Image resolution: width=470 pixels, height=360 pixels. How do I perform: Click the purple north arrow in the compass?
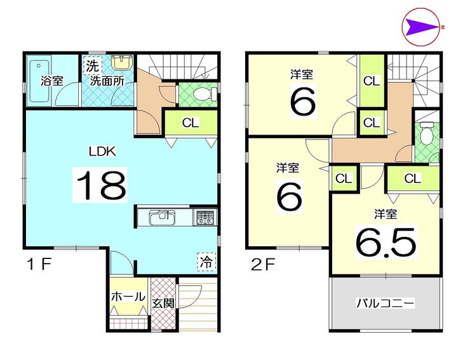[420, 28]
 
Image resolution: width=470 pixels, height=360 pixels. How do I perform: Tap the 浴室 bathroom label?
[52, 81]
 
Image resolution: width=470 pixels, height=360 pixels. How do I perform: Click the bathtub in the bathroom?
[39, 81]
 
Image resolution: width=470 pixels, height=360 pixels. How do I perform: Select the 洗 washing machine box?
[92, 65]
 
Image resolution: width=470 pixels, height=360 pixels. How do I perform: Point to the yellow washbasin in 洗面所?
[122, 63]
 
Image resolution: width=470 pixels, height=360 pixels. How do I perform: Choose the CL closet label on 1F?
[191, 123]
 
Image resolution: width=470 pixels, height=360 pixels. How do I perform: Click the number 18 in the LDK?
[101, 185]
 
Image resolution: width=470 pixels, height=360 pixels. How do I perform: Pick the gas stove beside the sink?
[205, 217]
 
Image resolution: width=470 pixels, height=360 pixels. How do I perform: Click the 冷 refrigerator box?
[206, 262]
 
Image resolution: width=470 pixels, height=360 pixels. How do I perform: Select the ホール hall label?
[128, 297]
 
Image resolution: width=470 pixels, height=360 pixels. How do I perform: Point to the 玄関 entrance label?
[163, 303]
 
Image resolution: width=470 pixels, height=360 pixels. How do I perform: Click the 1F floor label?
[39, 264]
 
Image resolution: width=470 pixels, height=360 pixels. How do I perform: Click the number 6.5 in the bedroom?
[386, 242]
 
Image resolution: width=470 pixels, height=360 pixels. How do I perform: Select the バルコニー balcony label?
[385, 303]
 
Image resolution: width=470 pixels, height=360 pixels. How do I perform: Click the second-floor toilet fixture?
[426, 133]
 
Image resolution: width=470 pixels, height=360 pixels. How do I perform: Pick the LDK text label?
[102, 151]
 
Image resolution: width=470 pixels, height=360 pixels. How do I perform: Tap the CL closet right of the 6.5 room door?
[413, 178]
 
